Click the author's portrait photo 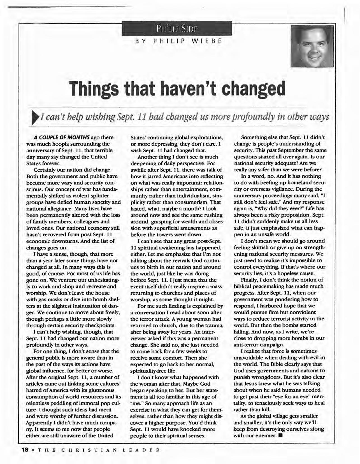pyautogui.click(x=312, y=46)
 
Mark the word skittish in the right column pyautogui.click(x=270, y=248)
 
